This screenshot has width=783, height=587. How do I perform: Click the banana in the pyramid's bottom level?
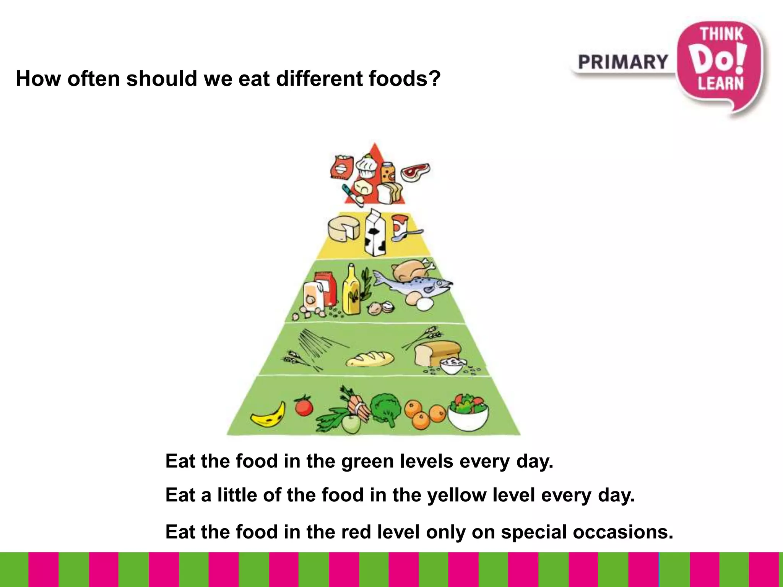269,415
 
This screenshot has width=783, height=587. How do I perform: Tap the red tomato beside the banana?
304,406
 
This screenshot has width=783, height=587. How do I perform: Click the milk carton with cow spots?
375,233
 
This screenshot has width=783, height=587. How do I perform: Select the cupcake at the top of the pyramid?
367,167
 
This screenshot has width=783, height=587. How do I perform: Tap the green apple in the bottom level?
351,424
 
